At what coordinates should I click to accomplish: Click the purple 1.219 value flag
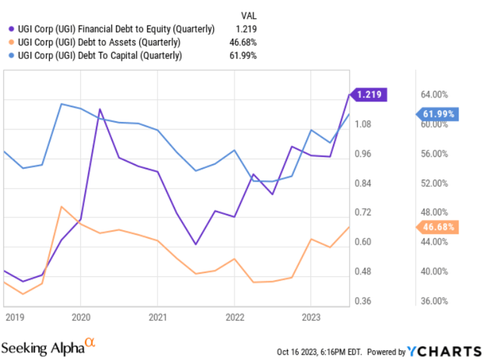click(371, 95)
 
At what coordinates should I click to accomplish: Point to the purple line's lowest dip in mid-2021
click(196, 244)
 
